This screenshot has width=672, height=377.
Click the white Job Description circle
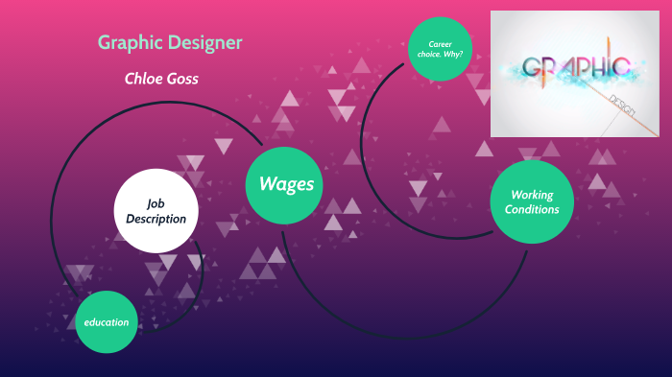[156, 211]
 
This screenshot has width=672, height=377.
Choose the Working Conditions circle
[532, 201]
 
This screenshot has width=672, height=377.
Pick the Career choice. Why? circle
[441, 47]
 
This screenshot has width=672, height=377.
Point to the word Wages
[286, 183]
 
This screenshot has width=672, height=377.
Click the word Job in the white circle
[156, 203]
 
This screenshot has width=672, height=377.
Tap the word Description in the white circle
[156, 219]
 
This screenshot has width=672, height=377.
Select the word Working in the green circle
[533, 195]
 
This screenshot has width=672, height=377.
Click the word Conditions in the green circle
[533, 210]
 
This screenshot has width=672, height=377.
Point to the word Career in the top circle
[441, 43]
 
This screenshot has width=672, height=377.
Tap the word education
[106, 322]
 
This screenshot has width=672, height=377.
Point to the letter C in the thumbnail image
[620, 67]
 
